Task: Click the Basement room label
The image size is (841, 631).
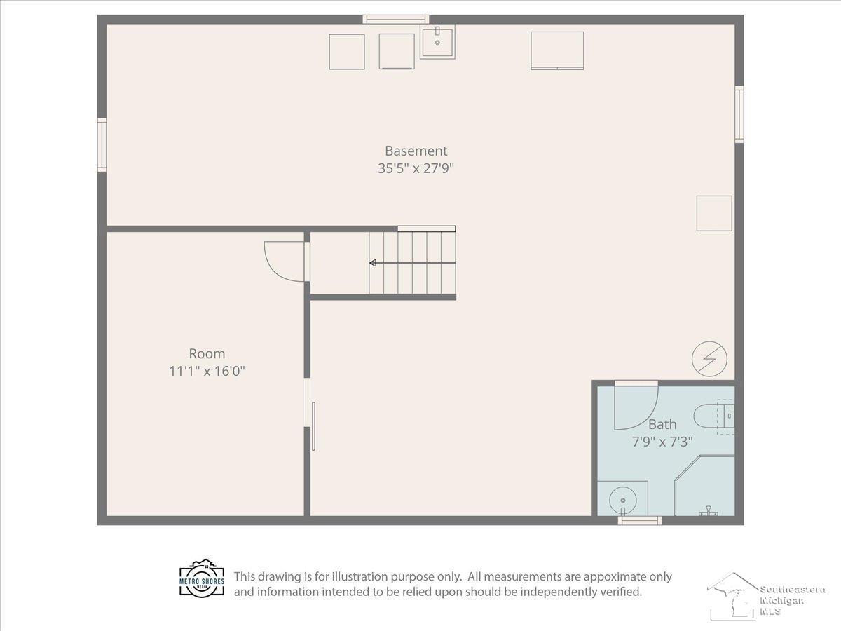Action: point(416,151)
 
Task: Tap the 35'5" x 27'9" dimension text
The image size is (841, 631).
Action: point(416,168)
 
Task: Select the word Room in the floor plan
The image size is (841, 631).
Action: point(207,353)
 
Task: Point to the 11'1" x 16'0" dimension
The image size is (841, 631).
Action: point(207,372)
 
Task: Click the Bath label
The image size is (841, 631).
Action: point(662,424)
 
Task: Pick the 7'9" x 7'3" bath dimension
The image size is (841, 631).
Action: point(662,442)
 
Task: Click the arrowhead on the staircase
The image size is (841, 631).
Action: point(372,263)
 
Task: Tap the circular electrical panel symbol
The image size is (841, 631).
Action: point(709,359)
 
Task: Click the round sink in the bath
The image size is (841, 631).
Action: point(623,501)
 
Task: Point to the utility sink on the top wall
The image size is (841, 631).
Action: point(437,41)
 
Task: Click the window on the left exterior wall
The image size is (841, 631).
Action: point(102,145)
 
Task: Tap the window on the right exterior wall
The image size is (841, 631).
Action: point(739,114)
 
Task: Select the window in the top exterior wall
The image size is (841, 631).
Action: point(396,20)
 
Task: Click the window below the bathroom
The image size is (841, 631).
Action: point(640,520)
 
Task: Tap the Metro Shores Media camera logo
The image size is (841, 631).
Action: point(202,578)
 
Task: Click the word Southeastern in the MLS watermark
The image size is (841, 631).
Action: point(793,590)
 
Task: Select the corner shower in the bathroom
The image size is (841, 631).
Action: point(705,486)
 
